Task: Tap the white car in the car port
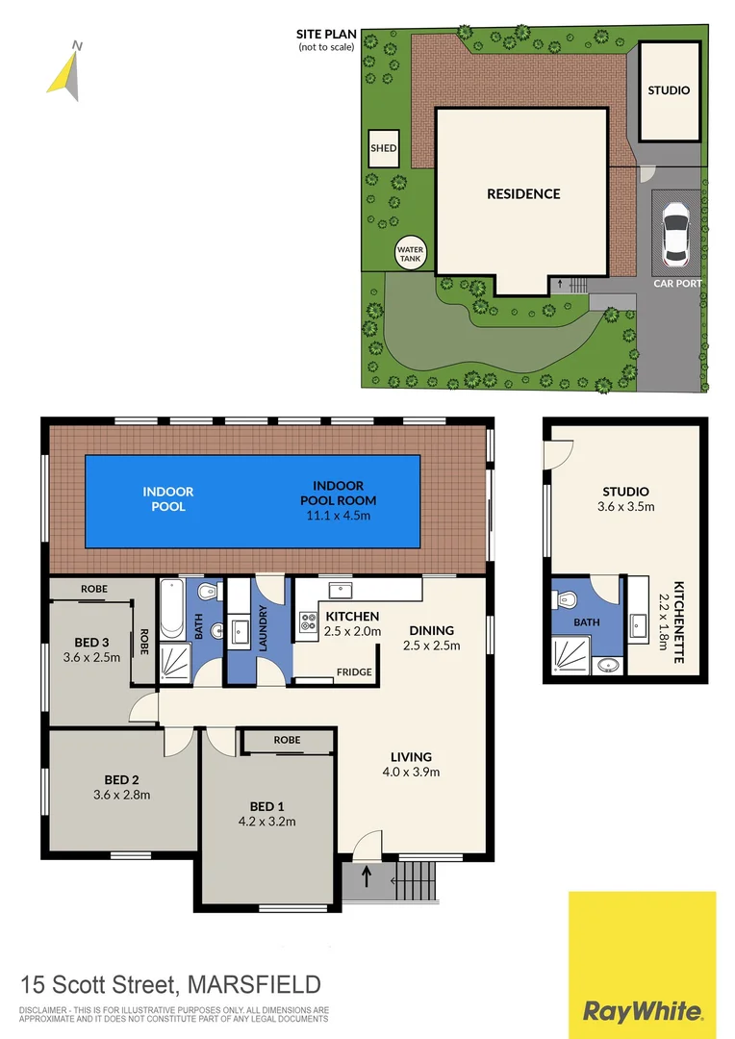click(677, 235)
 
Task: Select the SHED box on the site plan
click(383, 149)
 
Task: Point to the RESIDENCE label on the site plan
click(522, 193)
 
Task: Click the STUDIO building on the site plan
click(669, 90)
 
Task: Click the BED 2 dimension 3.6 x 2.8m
click(121, 795)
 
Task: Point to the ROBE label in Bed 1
click(287, 740)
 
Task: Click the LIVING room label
click(411, 756)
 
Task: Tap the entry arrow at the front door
click(367, 876)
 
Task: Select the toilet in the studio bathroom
click(566, 599)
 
